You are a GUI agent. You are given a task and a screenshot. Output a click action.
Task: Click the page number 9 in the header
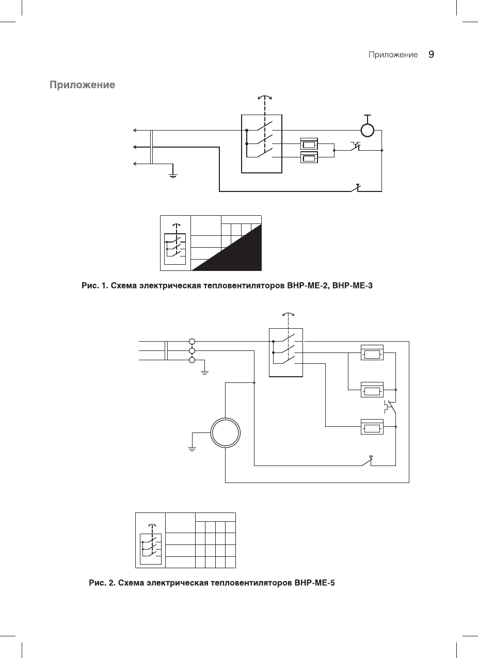coord(432,54)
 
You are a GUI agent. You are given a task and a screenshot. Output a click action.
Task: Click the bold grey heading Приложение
coord(82,85)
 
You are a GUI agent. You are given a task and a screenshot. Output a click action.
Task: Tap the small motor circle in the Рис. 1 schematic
coord(368,130)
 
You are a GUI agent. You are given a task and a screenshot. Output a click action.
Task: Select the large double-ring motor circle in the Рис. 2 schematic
coord(226,433)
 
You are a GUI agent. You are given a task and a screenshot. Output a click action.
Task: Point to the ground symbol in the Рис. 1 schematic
coord(173,174)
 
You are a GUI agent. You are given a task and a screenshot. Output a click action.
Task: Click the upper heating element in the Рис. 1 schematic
coord(309,145)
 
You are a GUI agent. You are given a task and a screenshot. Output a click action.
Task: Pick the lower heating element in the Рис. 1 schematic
coord(309,157)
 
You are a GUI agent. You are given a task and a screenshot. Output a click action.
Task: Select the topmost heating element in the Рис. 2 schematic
coord(372,354)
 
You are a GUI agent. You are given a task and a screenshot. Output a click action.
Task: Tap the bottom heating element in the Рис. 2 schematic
coord(372,427)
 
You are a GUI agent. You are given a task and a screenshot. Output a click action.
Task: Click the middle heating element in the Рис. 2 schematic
coord(372,390)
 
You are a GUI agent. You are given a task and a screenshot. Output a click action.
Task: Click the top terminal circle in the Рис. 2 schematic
coord(192,341)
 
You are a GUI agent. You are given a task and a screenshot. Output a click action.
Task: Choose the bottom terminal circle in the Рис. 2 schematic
coord(192,360)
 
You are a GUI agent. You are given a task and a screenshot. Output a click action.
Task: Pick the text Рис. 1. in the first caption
coord(93,285)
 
